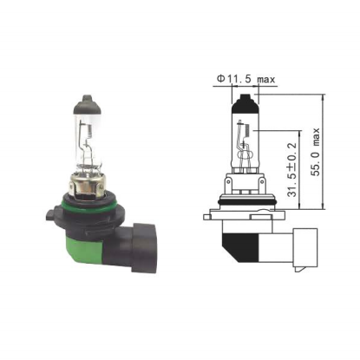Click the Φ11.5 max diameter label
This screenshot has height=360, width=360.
246,79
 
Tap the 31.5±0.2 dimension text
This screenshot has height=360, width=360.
292,169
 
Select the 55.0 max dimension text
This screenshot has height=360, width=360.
316,152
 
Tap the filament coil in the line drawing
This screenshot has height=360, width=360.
247,130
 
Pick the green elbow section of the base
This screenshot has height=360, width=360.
85,250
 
